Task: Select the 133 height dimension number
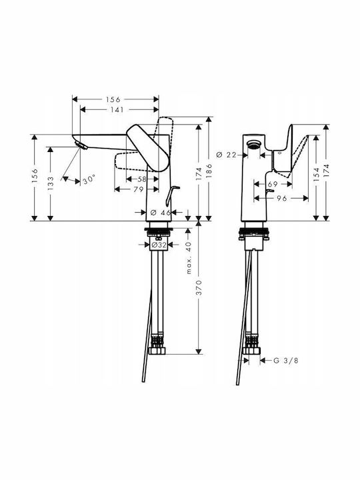pos(51,183)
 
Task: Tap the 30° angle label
pos(89,179)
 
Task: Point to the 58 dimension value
pos(143,179)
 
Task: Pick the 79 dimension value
pos(139,189)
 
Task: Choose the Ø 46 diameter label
pos(161,212)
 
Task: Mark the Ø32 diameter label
pos(159,245)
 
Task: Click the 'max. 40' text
pos(189,258)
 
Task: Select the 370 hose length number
pos(199,287)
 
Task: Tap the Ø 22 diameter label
pos(226,155)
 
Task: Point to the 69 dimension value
pos(273,184)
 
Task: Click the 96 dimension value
pos(282,199)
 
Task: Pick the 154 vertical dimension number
pos(317,175)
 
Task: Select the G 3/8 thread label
pos(285,361)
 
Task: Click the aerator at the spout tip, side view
pos(81,145)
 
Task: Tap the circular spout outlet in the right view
pos(254,143)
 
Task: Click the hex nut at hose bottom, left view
pos(157,351)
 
